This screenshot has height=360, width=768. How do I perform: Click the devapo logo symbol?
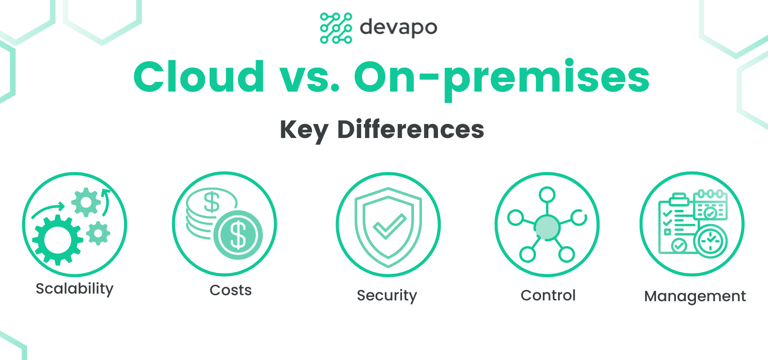(336, 28)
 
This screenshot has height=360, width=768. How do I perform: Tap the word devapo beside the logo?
(398, 28)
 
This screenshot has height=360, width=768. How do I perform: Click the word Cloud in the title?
(199, 76)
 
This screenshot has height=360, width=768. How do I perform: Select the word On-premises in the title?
(502, 79)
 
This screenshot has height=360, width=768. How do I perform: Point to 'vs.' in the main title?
(310, 80)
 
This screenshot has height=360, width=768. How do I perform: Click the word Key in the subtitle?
(304, 130)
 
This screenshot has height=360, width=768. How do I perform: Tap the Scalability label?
(75, 289)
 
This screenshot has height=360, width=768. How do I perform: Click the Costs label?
(231, 290)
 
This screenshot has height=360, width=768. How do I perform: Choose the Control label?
(548, 295)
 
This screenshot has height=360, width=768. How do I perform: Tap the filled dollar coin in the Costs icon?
(238, 235)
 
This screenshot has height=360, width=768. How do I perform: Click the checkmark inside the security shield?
(390, 226)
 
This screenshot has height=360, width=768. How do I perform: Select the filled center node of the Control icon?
(547, 227)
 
